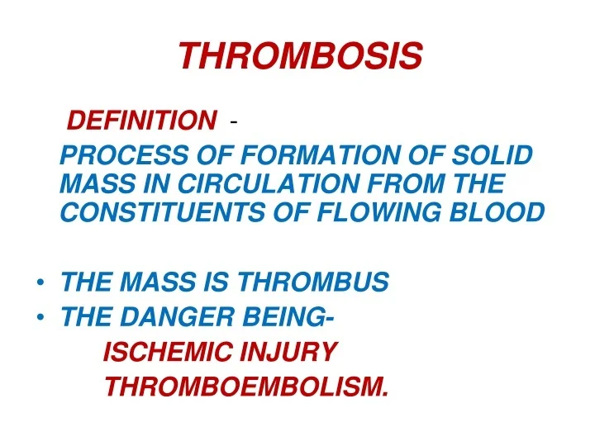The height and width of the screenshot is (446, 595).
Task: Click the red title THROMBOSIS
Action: pyautogui.click(x=300, y=56)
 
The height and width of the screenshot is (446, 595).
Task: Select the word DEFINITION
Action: pyautogui.click(x=140, y=121)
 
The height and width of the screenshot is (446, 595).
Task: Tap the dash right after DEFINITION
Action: pyautogui.click(x=236, y=123)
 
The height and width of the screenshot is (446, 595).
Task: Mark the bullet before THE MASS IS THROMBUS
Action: pyautogui.click(x=40, y=283)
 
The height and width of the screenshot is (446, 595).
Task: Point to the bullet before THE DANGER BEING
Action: pyautogui.click(x=40, y=315)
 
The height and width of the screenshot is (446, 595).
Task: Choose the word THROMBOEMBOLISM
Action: pyautogui.click(x=246, y=386)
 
